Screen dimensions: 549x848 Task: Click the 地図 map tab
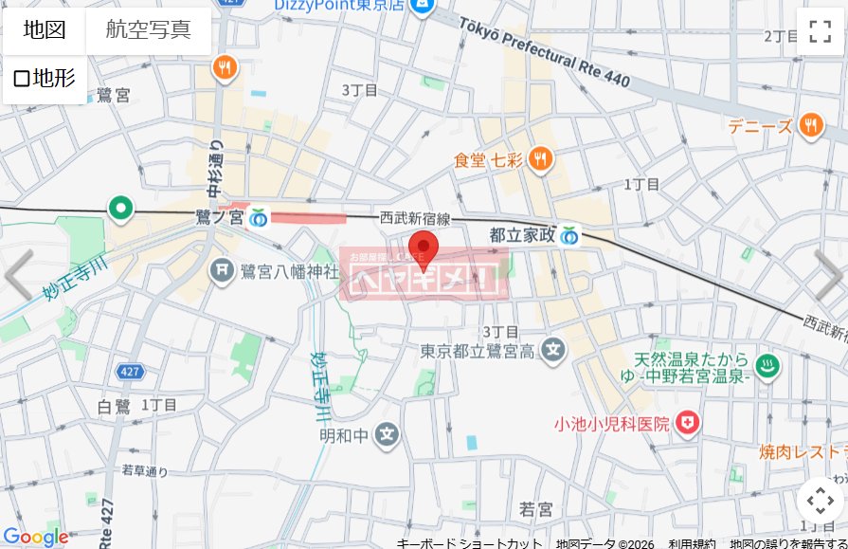pyautogui.click(x=44, y=29)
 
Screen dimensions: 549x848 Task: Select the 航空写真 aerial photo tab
pyautogui.click(x=148, y=29)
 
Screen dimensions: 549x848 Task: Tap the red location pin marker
pyautogui.click(x=422, y=247)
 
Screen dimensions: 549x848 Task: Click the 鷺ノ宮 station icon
pyautogui.click(x=258, y=218)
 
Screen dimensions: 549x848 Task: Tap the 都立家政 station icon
pyautogui.click(x=568, y=233)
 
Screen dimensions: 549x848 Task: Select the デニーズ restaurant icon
pyautogui.click(x=810, y=124)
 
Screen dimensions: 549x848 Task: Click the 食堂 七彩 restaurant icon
pyautogui.click(x=540, y=158)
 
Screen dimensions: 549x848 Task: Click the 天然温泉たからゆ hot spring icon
pyautogui.click(x=766, y=361)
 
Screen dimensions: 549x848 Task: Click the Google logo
pyautogui.click(x=35, y=537)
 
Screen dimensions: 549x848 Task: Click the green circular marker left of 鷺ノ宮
pyautogui.click(x=120, y=206)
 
